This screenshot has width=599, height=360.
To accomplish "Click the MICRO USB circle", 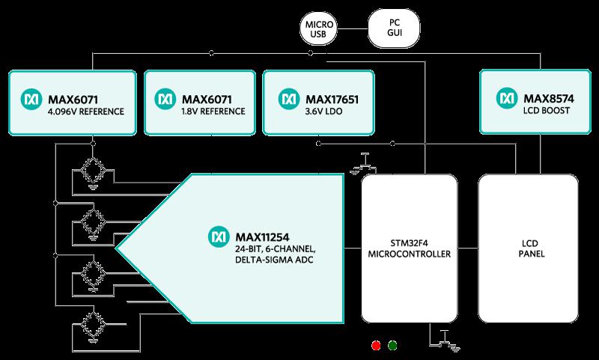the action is pyautogui.click(x=319, y=28).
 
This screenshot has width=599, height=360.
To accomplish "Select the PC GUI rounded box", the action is pyautogui.click(x=394, y=28).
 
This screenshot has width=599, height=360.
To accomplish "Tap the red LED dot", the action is pyautogui.click(x=376, y=346).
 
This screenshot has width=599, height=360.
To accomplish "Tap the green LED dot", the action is pyautogui.click(x=392, y=346).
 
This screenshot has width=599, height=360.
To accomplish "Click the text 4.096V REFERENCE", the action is pyautogui.click(x=86, y=112).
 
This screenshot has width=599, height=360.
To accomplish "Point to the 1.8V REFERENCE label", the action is pyautogui.click(x=213, y=111).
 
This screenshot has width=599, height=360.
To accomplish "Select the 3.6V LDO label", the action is pyautogui.click(x=323, y=112).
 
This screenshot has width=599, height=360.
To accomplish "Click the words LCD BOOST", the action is pyautogui.click(x=547, y=111).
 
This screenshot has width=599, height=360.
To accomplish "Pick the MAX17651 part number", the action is pyautogui.click(x=332, y=100).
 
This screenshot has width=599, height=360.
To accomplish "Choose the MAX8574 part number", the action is pyautogui.click(x=549, y=99).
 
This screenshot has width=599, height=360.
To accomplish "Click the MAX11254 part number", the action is pyautogui.click(x=262, y=237).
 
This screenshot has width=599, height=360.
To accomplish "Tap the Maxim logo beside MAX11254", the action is pyautogui.click(x=219, y=237).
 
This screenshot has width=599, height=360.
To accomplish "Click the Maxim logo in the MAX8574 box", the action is pyautogui.click(x=507, y=98).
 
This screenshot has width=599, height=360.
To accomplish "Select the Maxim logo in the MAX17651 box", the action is pyautogui.click(x=289, y=100).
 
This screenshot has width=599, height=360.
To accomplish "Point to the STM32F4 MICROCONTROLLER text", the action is pyautogui.click(x=409, y=248).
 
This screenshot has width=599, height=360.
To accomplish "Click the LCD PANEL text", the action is pyautogui.click(x=531, y=248).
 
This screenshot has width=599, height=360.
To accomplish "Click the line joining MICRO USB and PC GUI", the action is pyautogui.click(x=353, y=28).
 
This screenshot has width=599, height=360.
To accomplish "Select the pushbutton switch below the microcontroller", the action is pyautogui.click(x=445, y=340).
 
